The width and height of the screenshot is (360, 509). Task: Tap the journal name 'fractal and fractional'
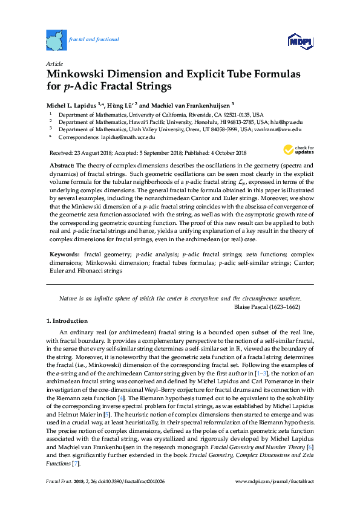click(x=94, y=39)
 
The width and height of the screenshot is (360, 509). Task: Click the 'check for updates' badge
click(x=299, y=151)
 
